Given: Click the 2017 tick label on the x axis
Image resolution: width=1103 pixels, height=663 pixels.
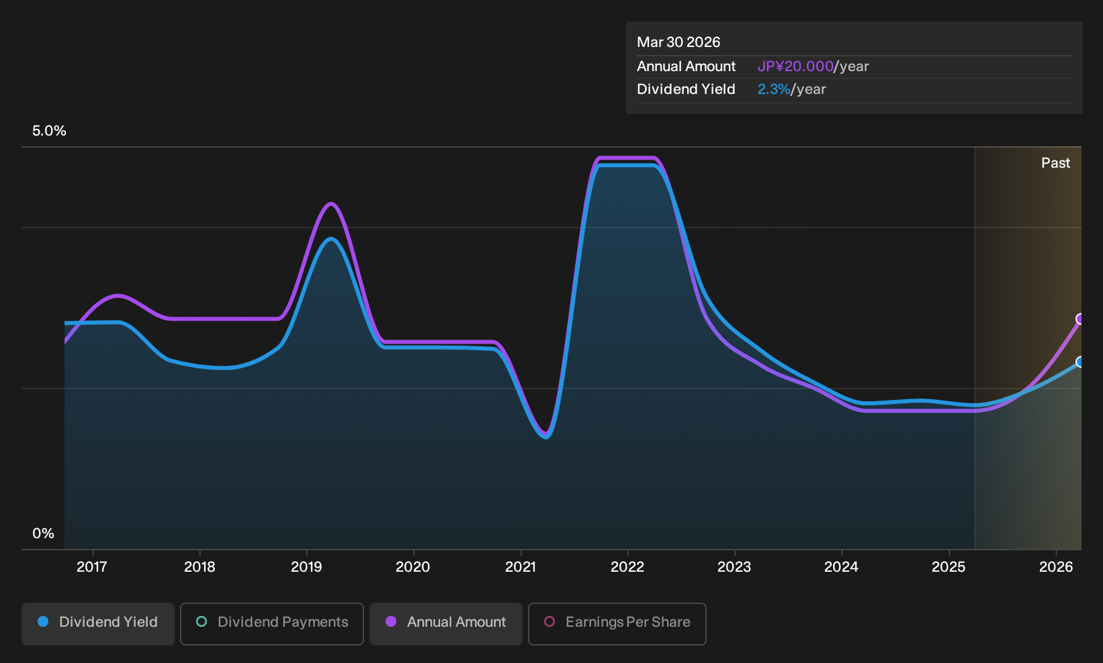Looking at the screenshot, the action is (x=92, y=567).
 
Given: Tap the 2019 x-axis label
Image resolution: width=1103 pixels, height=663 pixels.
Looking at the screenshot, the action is (x=306, y=567).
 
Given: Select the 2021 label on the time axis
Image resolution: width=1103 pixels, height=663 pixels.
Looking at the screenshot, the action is (x=521, y=567).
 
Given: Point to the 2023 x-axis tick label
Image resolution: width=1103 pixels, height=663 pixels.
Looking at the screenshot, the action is (x=734, y=567).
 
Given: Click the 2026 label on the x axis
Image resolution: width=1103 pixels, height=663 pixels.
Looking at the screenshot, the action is (x=1056, y=567).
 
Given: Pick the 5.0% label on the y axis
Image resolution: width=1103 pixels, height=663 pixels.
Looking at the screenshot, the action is (x=49, y=131).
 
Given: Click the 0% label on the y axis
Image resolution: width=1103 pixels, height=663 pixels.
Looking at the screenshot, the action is (x=44, y=533).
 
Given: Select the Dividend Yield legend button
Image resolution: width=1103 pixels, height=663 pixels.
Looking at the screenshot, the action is (x=98, y=623).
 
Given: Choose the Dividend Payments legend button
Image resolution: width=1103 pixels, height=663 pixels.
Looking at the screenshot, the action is (x=272, y=623).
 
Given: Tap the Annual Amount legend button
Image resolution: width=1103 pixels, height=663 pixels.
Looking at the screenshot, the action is (x=445, y=623).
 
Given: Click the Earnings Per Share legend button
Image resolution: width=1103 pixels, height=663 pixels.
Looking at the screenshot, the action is (x=617, y=623).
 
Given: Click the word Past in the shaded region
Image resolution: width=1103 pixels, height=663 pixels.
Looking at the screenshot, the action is (x=1055, y=163).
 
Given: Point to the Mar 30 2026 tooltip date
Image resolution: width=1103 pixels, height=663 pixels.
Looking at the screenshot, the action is (x=678, y=42).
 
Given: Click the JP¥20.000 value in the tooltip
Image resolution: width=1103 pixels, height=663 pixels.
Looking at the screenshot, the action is (x=795, y=66).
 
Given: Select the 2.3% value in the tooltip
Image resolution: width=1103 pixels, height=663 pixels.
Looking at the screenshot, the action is (x=774, y=89).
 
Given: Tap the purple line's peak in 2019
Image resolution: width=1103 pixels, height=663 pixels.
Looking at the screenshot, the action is (x=331, y=203).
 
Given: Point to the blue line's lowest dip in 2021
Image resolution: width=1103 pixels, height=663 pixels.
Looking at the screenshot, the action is (x=546, y=437).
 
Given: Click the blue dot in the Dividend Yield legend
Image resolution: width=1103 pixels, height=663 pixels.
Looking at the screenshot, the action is (x=44, y=621).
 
